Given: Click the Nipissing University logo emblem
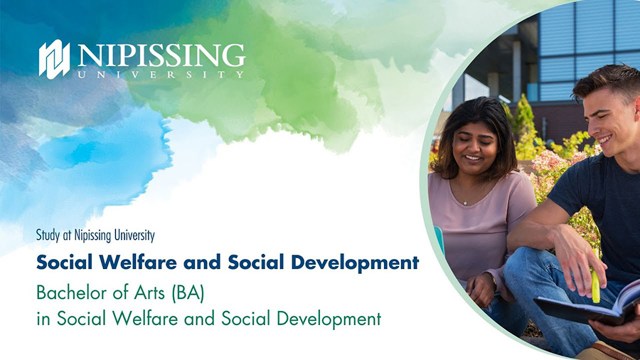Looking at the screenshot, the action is (54, 59).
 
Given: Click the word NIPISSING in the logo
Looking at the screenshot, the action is (161, 55).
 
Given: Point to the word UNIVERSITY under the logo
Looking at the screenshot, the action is (161, 75).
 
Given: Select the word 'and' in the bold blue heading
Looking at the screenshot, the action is (202, 263).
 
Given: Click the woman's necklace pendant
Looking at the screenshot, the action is (464, 202).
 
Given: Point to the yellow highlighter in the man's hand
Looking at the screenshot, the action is (595, 284).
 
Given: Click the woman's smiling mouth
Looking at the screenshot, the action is (473, 157).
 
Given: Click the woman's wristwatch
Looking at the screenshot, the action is (494, 280).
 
